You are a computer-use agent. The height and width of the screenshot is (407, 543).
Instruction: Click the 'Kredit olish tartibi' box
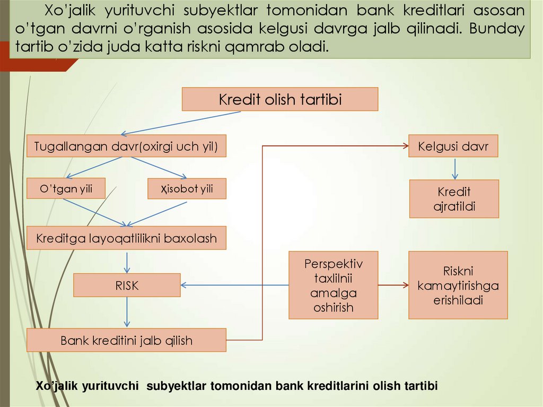(x=280, y=99)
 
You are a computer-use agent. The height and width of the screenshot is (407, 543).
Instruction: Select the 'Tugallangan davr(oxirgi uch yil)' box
(x=126, y=146)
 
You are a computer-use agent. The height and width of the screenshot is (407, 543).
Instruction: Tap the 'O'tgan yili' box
(x=66, y=188)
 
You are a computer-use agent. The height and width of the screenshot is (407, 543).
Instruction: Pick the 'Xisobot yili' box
(x=187, y=188)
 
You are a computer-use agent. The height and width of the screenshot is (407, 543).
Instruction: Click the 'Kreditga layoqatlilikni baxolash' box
(x=126, y=238)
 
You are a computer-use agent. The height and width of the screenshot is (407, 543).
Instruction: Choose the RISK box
(x=127, y=285)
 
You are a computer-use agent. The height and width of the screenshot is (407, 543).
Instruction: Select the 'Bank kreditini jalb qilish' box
(x=126, y=340)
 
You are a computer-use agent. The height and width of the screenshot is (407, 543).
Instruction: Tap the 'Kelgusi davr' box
(x=453, y=146)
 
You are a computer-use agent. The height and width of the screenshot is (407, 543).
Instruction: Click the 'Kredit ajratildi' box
(x=454, y=199)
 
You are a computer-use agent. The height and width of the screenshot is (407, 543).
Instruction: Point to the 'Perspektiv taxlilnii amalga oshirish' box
(x=333, y=285)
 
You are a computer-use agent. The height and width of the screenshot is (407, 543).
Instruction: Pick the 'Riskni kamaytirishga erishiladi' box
(x=458, y=285)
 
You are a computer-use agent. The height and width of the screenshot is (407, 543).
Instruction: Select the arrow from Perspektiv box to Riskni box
(x=393, y=285)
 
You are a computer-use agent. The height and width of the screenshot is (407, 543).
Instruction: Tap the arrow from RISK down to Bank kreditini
(x=127, y=312)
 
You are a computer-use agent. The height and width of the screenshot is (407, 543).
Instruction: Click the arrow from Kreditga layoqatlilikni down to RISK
(x=127, y=261)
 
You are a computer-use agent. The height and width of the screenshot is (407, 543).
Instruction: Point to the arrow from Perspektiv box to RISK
(x=234, y=285)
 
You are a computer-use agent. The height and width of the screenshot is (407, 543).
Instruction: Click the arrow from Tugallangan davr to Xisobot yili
(x=168, y=168)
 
